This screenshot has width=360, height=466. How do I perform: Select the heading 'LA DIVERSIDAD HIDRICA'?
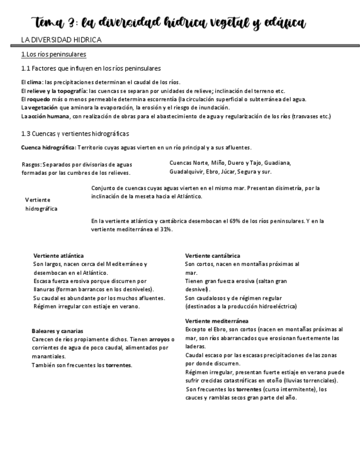click(x=61, y=41)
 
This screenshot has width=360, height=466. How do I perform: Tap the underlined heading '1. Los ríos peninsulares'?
click(x=53, y=54)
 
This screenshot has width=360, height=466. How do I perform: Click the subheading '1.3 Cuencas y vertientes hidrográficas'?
click(x=75, y=134)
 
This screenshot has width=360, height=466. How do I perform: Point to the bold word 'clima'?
click(x=35, y=82)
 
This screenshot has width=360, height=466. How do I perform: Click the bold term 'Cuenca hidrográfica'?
click(x=47, y=147)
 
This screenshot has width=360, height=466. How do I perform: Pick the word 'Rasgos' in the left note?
click(x=31, y=164)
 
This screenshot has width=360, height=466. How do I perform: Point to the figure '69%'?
click(x=231, y=221)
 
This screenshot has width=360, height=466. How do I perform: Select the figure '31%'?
click(x=167, y=230)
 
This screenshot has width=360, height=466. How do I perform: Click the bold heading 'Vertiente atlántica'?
click(x=58, y=256)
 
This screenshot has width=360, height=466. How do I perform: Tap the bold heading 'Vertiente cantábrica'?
click(x=212, y=256)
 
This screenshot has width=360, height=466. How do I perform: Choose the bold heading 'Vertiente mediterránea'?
click(x=217, y=321)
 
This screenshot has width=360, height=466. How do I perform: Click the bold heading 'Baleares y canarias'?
click(x=57, y=331)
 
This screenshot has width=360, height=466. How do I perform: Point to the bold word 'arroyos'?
click(x=159, y=340)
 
